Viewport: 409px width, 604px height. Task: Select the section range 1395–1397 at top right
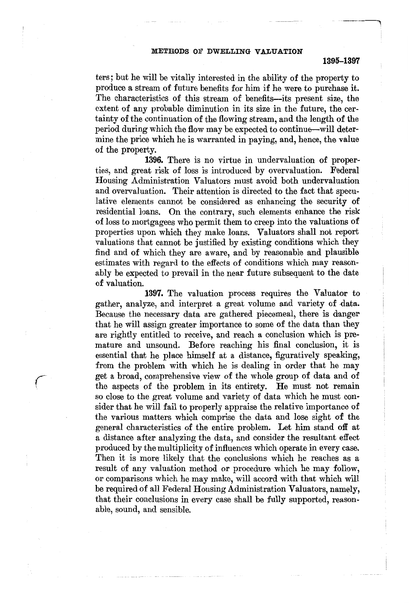[x=342, y=61]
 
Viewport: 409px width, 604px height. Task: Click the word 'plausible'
[x=339, y=252]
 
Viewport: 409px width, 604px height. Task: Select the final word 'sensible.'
[x=175, y=510]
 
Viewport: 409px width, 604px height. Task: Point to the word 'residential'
[x=115, y=212]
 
